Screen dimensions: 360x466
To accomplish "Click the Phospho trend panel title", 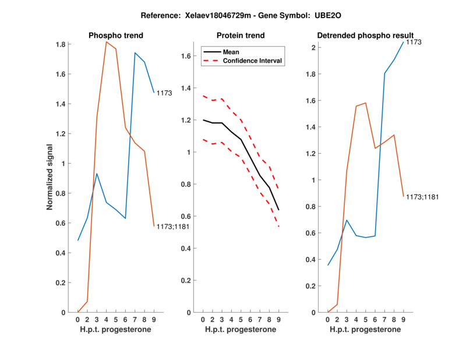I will (116, 36).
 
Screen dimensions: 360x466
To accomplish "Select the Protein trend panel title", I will (241, 36).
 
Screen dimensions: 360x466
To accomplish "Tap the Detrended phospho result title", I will (365, 36).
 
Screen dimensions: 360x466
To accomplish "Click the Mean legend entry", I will (231, 52).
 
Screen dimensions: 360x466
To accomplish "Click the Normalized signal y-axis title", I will (50, 177).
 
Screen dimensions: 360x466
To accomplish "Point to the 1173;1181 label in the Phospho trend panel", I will (172, 227).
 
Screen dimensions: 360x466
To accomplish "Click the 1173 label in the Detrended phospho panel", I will (414, 43).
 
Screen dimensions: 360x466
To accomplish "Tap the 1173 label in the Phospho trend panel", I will (164, 93).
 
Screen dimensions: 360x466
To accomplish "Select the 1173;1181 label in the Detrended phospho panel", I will (422, 197).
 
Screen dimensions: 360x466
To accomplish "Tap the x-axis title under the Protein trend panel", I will (241, 329).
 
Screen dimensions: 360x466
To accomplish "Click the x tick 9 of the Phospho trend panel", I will (154, 319).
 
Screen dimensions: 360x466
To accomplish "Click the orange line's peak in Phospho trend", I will (107, 42).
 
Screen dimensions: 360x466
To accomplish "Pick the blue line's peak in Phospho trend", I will (135, 53).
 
